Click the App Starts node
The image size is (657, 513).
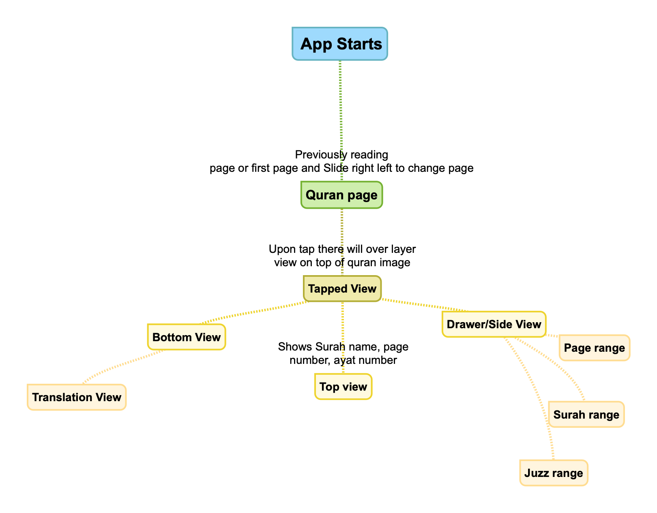340,44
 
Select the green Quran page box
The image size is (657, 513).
341,195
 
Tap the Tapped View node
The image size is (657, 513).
342,289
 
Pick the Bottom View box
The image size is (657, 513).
187,337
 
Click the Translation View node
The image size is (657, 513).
77,397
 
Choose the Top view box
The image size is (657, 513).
343,387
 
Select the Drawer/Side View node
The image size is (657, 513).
494,324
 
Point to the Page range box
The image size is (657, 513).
595,348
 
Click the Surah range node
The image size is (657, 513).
586,415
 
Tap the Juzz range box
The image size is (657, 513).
554,473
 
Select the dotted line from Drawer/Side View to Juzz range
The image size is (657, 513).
535,389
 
